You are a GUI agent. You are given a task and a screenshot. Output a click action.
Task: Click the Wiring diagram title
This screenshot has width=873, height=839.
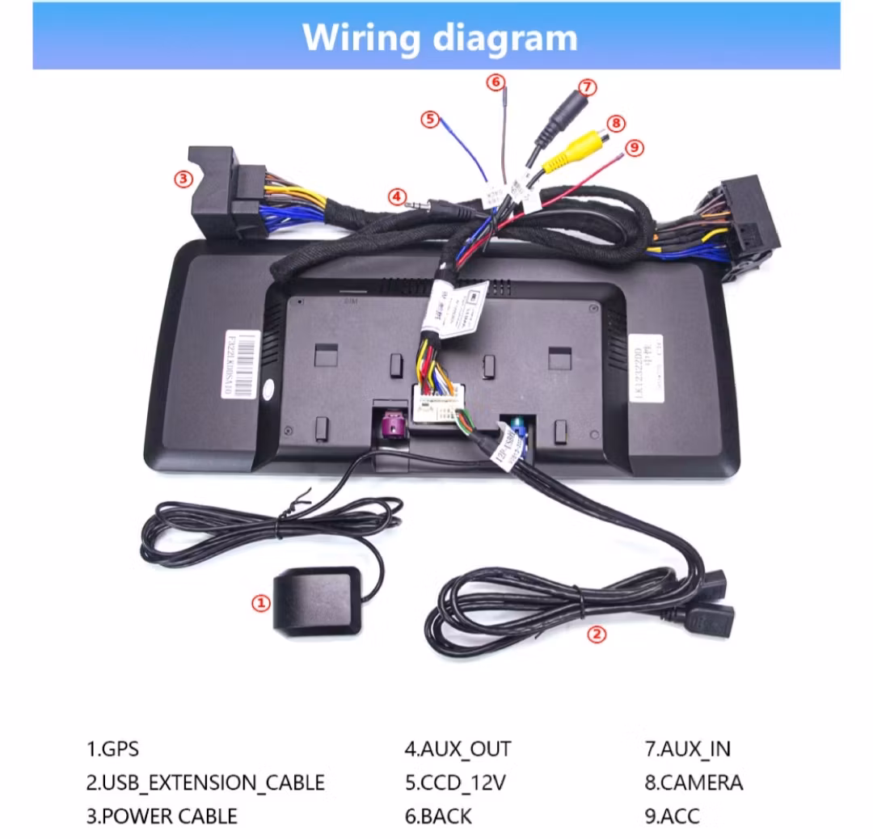click(440, 37)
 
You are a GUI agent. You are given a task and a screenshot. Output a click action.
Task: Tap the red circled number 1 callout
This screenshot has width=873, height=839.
click(260, 602)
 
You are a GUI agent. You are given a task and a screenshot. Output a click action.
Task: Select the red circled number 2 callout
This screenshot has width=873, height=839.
click(597, 635)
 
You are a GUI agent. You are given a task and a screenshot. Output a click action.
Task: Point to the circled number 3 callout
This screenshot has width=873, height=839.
click(184, 179)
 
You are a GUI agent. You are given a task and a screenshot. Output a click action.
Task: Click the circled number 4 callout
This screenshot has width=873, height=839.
click(396, 196)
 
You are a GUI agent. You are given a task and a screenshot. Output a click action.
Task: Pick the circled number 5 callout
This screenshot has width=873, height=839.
click(429, 120)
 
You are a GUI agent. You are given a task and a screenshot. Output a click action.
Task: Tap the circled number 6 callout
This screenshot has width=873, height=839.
click(496, 82)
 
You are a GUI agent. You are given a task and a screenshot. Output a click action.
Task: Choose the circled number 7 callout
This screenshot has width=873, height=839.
click(588, 87)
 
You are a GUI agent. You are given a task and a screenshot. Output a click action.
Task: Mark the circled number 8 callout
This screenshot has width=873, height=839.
click(617, 123)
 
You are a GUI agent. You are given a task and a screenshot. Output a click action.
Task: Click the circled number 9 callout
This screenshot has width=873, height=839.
click(635, 146)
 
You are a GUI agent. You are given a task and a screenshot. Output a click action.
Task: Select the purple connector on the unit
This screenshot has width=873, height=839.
click(392, 426)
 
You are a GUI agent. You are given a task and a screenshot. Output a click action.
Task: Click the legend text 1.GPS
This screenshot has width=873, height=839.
click(112, 749)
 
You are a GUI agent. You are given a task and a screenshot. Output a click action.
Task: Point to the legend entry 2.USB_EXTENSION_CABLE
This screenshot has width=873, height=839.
click(205, 782)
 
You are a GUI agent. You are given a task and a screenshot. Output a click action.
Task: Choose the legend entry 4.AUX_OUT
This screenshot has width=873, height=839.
click(458, 749)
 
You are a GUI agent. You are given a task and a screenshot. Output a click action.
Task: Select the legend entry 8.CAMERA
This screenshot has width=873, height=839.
click(694, 782)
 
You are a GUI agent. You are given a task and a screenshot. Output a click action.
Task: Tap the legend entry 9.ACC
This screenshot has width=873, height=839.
click(672, 816)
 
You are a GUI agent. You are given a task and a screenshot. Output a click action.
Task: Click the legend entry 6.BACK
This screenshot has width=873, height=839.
click(437, 816)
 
